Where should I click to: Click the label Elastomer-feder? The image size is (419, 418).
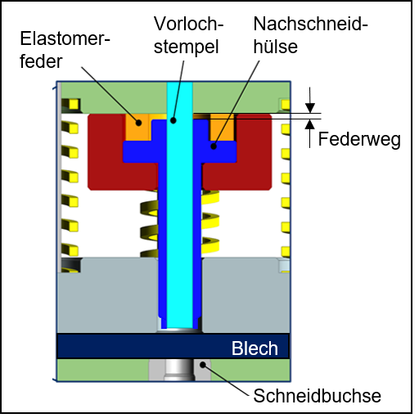coord(65,50)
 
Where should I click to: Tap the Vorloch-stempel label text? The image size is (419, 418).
coord(188,35)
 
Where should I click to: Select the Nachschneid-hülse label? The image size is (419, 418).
coord(310,35)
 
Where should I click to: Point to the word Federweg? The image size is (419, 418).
coord(359,140)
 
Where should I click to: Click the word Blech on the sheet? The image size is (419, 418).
coord(255,348)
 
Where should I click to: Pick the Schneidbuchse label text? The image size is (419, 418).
coord(317,396)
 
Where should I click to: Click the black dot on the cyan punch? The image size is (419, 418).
coord(173,120)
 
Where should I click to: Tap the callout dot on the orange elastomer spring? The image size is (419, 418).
coord(138,123)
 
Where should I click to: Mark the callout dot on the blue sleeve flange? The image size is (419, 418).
coord(214,146)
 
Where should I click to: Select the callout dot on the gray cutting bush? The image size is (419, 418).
coord(203,365)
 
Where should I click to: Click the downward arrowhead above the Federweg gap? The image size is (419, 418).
coord(309,108)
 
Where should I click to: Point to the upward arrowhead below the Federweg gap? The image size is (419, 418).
coord(309,124)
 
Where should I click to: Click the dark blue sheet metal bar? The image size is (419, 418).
coord(173,346)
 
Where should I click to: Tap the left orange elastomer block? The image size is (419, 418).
coord(137,128)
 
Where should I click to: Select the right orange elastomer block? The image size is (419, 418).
coord(222,128)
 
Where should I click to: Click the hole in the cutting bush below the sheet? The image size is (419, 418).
coord(179,370)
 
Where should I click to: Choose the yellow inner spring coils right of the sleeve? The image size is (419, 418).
coord(210,222)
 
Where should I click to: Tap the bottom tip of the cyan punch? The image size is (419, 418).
coord(179,328)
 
